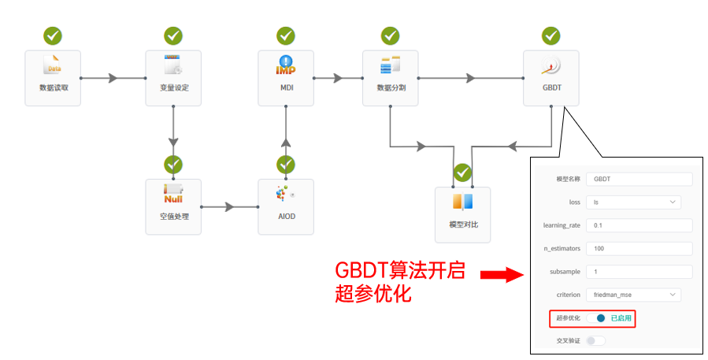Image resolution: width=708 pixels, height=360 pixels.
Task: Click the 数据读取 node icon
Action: tap(53, 65)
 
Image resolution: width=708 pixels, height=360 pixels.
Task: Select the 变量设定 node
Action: tap(172, 78)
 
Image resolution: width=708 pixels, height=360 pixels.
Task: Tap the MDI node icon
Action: tap(286, 65)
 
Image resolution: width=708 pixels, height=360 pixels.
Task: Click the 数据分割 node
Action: tap(391, 78)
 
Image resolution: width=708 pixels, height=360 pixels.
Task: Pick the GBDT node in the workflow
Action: tap(551, 78)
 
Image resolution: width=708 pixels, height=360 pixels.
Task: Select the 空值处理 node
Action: tap(172, 206)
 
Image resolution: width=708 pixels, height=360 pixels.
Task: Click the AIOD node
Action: tap(286, 206)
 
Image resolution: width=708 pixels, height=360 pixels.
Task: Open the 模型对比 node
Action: tap(463, 214)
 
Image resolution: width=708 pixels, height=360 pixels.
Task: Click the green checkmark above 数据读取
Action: tap(53, 35)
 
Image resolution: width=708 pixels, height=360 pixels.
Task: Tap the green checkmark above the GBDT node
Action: tap(551, 35)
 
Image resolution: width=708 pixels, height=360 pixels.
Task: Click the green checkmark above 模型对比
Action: tap(463, 173)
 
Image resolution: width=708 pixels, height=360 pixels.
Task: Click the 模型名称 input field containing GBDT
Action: tap(638, 179)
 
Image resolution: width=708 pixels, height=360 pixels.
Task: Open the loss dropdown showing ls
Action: tap(632, 202)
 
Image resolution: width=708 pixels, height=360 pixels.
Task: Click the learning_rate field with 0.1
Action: tap(638, 225)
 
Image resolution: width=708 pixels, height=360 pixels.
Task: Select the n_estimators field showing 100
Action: tap(638, 248)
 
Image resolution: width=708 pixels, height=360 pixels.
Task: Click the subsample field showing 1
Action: tap(638, 272)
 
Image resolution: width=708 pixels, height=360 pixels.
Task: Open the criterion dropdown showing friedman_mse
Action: tap(632, 295)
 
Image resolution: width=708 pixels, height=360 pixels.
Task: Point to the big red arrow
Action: tap(502, 275)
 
